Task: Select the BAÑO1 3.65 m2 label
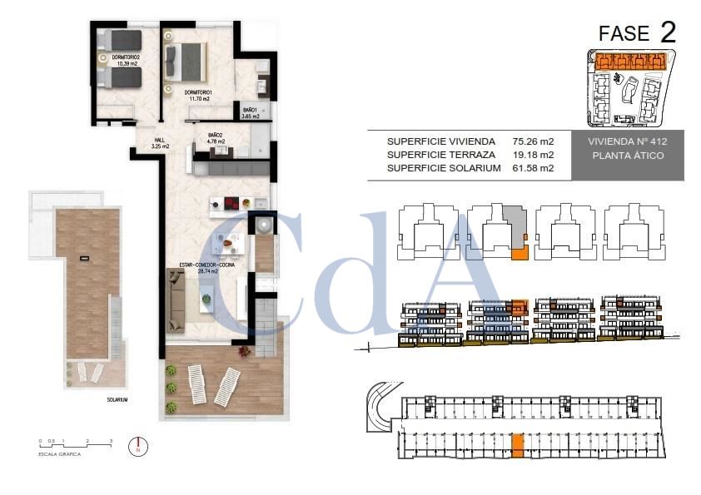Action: tap(251, 113)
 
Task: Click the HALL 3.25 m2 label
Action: tap(161, 142)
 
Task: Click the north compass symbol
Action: tap(137, 447)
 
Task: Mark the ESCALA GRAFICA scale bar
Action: tap(75, 446)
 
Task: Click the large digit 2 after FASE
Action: tap(667, 32)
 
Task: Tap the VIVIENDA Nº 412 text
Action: tap(629, 141)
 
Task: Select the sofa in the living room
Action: tap(177, 301)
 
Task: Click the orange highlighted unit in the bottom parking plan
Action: tap(517, 446)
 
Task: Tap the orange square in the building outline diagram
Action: tap(520, 253)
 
